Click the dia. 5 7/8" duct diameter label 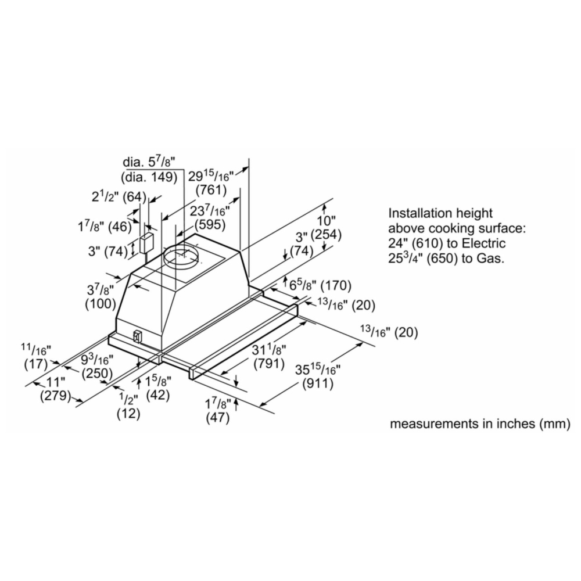149,162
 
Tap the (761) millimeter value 211,190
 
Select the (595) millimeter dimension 210,224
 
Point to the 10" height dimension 326,220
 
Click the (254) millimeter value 326,235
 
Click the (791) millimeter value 269,364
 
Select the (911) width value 318,383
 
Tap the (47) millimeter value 218,418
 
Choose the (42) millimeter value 158,395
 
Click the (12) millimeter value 128,414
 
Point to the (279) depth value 55,396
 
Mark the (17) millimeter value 36,364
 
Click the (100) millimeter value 101,304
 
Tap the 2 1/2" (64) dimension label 119,197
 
